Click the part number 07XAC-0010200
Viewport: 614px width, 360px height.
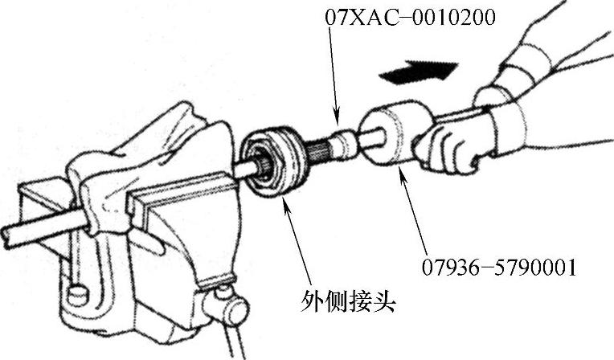[411, 18]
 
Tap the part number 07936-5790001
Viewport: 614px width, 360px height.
[499, 268]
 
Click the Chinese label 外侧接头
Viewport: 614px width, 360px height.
[348, 301]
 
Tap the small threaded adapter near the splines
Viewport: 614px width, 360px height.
[342, 144]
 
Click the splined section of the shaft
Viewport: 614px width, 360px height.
[317, 153]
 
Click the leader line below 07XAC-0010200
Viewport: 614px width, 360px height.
[334, 75]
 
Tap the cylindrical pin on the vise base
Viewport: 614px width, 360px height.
[77, 296]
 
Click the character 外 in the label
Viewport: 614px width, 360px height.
[312, 301]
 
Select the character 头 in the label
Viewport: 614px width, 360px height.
[384, 301]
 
